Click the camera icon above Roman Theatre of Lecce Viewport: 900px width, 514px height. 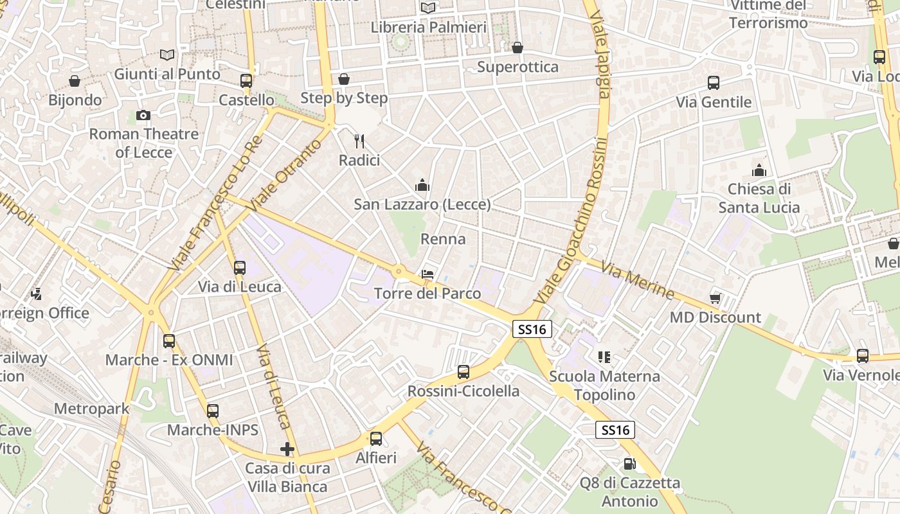pyautogui.click(x=143, y=115)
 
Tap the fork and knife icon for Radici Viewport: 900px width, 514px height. pyautogui.click(x=359, y=141)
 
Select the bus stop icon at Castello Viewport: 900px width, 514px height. pyautogui.click(x=246, y=81)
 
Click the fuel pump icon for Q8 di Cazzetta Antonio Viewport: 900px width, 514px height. pyautogui.click(x=629, y=463)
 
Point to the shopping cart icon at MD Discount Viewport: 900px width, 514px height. pyautogui.click(x=715, y=298)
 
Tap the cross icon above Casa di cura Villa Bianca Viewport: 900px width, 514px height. pyautogui.click(x=287, y=449)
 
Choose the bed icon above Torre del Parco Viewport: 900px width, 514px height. pyautogui.click(x=427, y=274)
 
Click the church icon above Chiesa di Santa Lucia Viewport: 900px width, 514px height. pyautogui.click(x=759, y=170)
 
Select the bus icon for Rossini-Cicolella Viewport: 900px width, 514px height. pyautogui.click(x=464, y=371)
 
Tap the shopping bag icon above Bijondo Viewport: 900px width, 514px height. pyautogui.click(x=75, y=81)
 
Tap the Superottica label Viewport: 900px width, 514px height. pyautogui.click(x=517, y=67)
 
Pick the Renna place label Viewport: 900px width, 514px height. pyautogui.click(x=443, y=239)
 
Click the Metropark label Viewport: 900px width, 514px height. pyautogui.click(x=91, y=409)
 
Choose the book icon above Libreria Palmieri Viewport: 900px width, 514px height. pyautogui.click(x=428, y=8)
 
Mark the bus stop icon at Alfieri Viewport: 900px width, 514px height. pyautogui.click(x=376, y=439)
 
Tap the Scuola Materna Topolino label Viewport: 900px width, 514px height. pyautogui.click(x=604, y=385)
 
